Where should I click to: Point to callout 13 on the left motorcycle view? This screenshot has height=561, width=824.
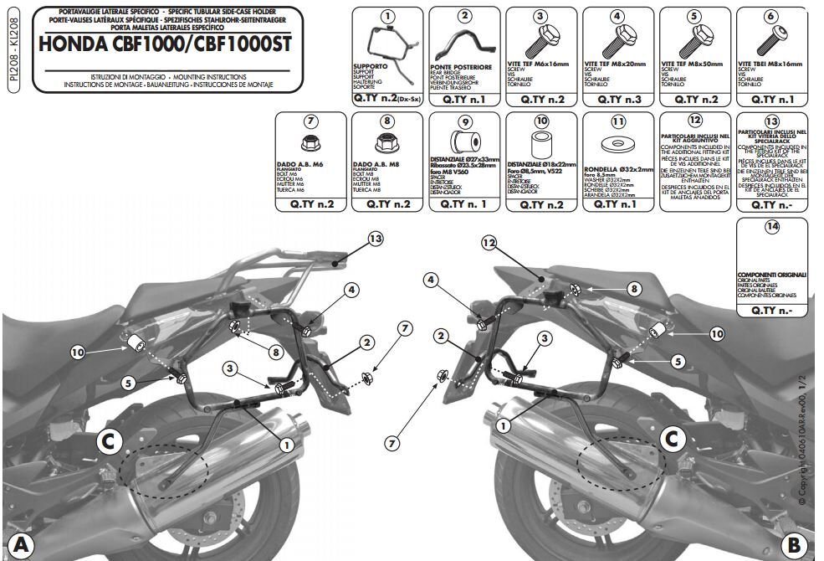376,239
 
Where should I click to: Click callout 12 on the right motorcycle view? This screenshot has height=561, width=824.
490,242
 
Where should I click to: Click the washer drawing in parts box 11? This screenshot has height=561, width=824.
618,146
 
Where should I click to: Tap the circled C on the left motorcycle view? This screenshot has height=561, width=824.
107,442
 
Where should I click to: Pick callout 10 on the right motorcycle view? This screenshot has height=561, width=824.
716,333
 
